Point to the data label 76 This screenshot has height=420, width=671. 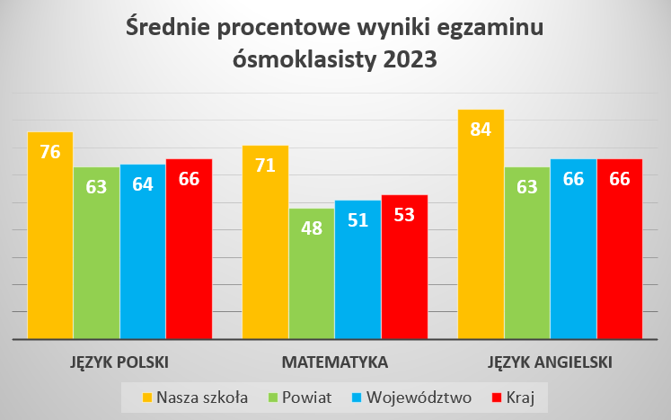coord(50,151)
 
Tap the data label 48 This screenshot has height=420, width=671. coord(312,228)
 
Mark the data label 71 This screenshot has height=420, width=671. coord(265,165)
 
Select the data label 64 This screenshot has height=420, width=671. coord(143,184)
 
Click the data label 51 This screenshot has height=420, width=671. coord(358,219)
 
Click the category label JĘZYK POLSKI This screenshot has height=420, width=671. coord(119,363)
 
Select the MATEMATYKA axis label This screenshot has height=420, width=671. coord(334,363)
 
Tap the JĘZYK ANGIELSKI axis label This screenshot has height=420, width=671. coord(550,363)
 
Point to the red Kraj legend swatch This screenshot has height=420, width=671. coord(492,396)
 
